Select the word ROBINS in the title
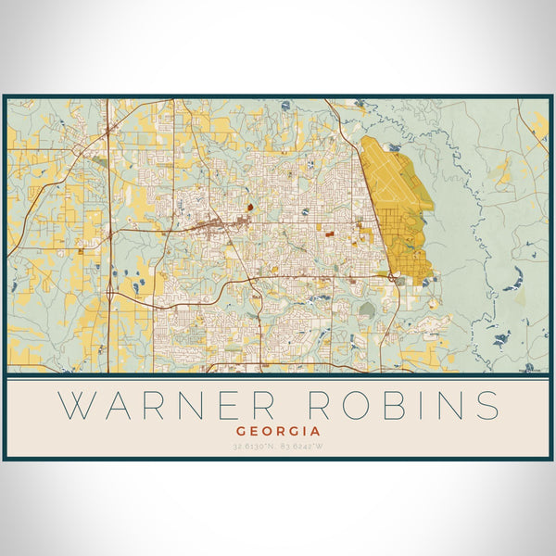400,405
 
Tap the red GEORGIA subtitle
278,431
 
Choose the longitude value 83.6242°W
302,448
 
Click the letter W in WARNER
75,405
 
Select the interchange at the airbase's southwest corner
394,276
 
